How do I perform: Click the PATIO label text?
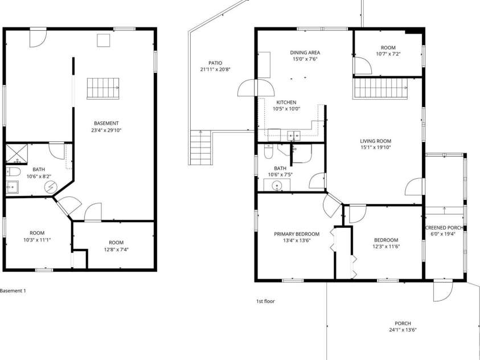(x=215, y=63)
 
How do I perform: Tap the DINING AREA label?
(x=305, y=52)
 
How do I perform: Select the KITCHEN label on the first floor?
(x=286, y=103)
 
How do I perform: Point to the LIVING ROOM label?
(x=375, y=141)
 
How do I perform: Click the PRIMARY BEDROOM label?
(x=296, y=234)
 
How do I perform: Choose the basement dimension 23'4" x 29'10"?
(x=106, y=130)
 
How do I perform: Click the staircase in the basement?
(x=103, y=88)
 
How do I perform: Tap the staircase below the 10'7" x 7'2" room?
(x=381, y=88)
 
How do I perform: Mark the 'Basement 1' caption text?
(x=13, y=291)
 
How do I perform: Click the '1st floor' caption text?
(x=265, y=301)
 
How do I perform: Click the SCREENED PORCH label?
(x=445, y=228)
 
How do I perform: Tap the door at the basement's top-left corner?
(x=38, y=37)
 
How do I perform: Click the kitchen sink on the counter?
(x=294, y=136)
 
